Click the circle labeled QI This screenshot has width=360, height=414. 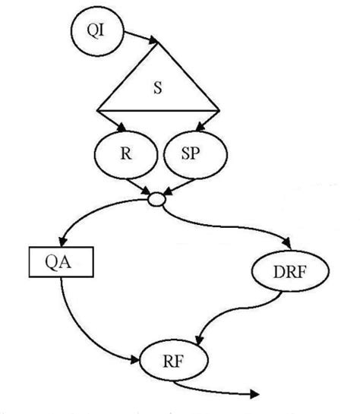92,33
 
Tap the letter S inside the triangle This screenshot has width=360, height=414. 157,87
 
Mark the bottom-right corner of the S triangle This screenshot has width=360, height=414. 219,109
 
